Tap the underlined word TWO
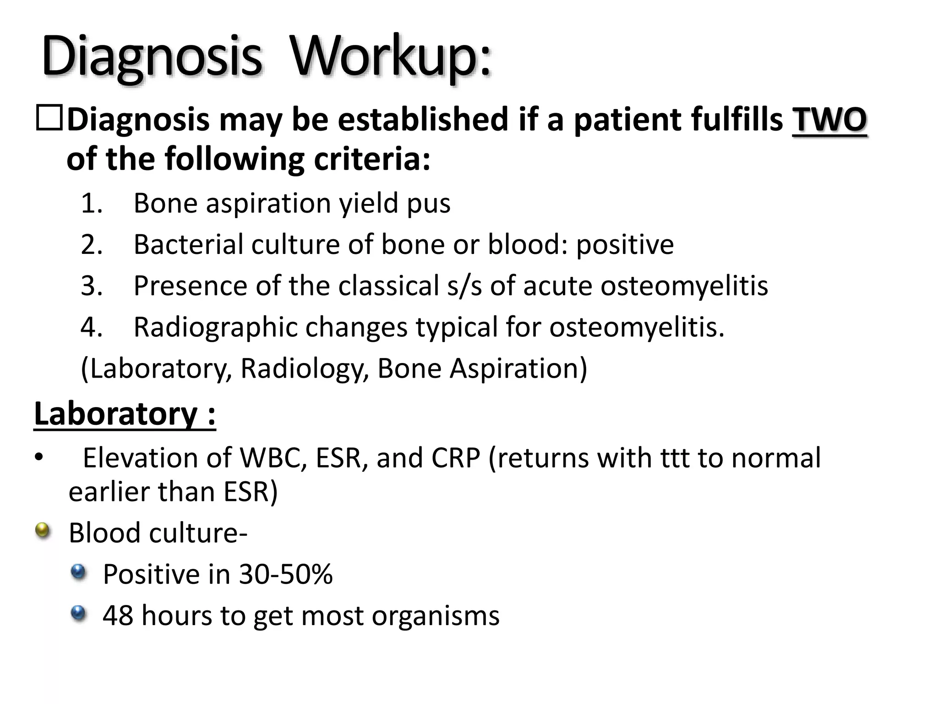(x=829, y=119)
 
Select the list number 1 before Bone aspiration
(x=91, y=203)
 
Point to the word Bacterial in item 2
(x=188, y=244)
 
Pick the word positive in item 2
(x=625, y=245)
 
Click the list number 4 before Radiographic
(x=91, y=327)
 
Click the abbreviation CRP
(x=452, y=458)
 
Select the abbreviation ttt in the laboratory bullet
(x=674, y=458)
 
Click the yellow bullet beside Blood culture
(x=43, y=531)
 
